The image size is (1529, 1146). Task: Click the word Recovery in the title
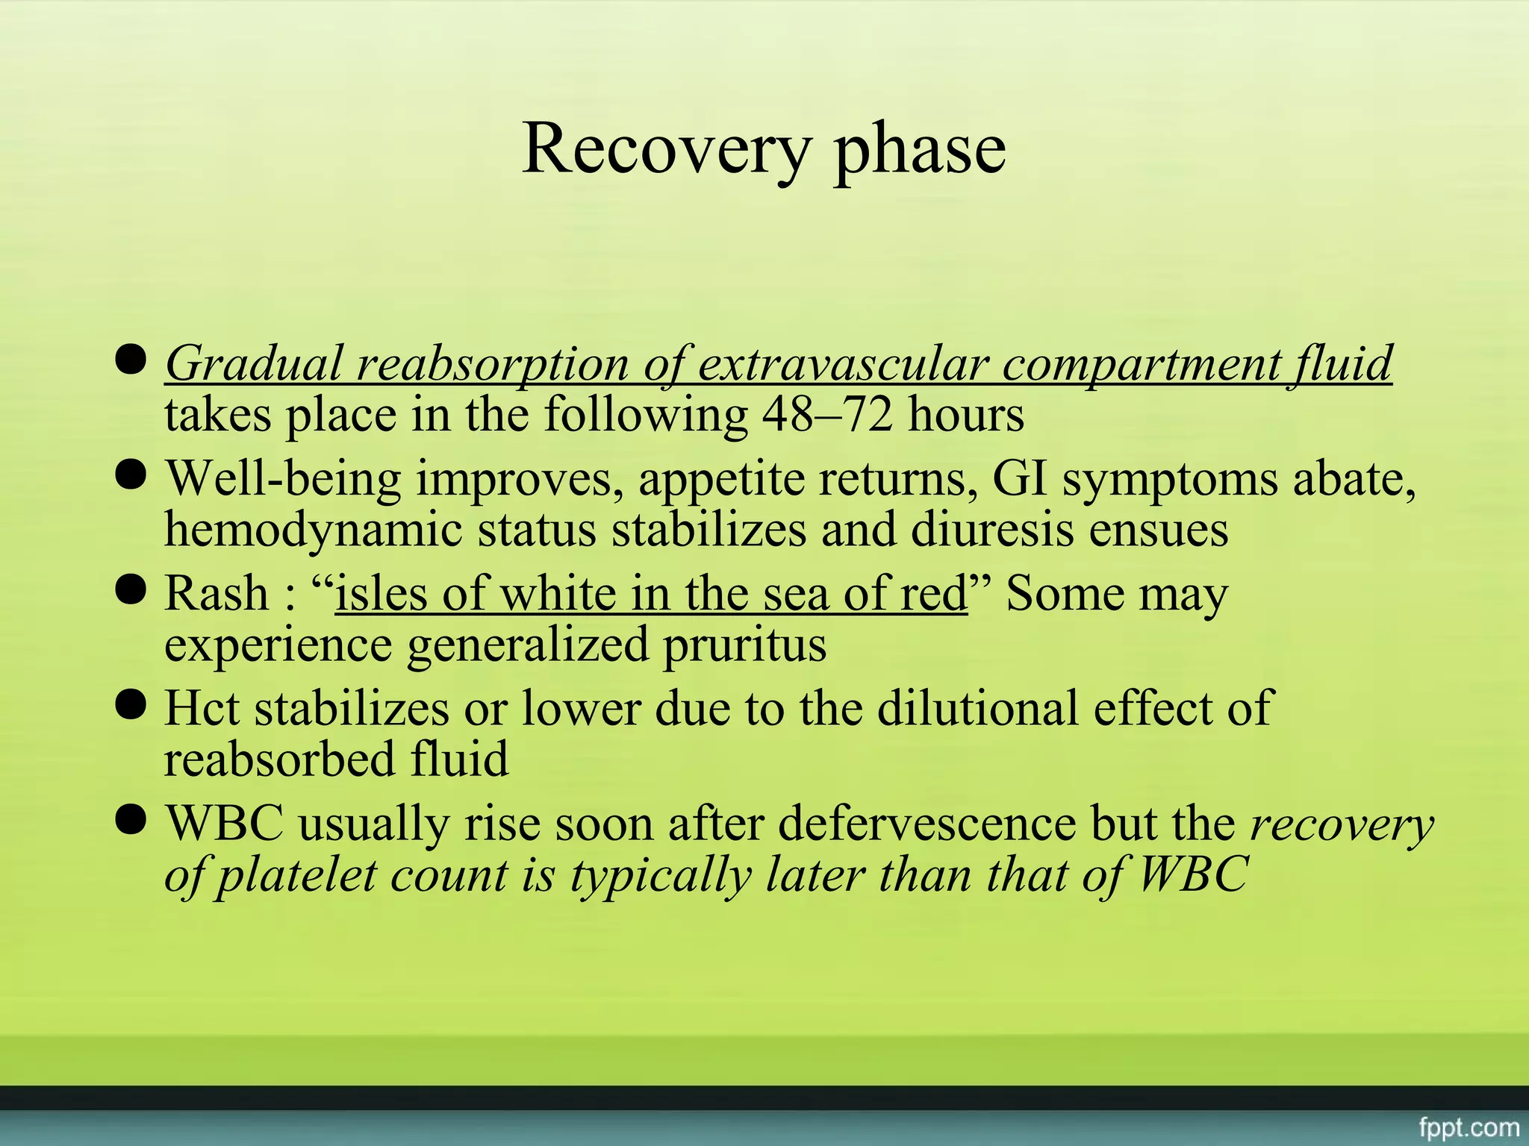tap(665, 149)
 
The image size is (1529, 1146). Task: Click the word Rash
tap(215, 594)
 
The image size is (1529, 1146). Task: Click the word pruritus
tap(744, 645)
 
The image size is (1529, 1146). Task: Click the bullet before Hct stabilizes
tap(131, 705)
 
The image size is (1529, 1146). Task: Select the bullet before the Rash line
tap(131, 590)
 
